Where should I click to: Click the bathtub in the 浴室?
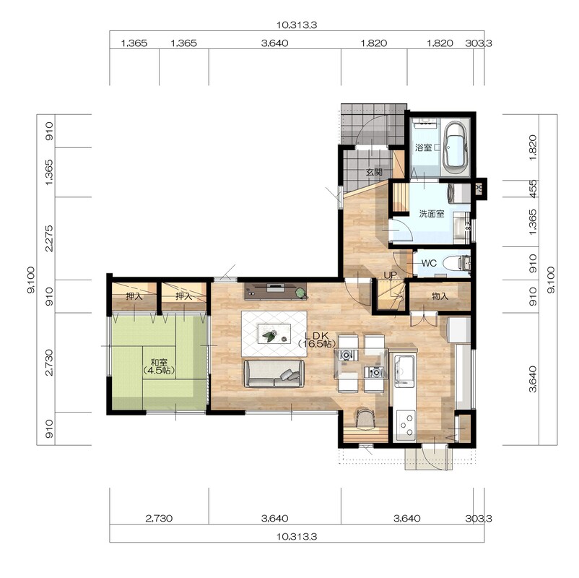click(x=455, y=147)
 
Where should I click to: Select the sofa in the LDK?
click(x=274, y=374)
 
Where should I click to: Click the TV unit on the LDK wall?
click(x=276, y=291)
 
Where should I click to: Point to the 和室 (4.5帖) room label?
click(x=158, y=366)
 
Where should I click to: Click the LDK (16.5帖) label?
click(x=317, y=340)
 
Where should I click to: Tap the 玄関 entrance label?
click(x=374, y=172)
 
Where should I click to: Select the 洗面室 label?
click(x=431, y=214)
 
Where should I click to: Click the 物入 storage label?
click(x=440, y=296)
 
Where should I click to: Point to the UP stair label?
click(x=390, y=275)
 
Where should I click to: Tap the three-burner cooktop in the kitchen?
click(x=405, y=425)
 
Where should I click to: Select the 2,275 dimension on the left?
click(x=49, y=238)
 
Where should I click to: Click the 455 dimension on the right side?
click(x=533, y=189)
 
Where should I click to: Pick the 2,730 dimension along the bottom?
click(x=159, y=518)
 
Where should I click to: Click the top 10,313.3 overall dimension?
click(x=297, y=25)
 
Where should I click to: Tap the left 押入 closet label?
click(x=134, y=296)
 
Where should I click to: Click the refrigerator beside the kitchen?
click(x=458, y=329)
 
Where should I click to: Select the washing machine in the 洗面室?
click(x=458, y=192)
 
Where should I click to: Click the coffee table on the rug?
click(x=274, y=334)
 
